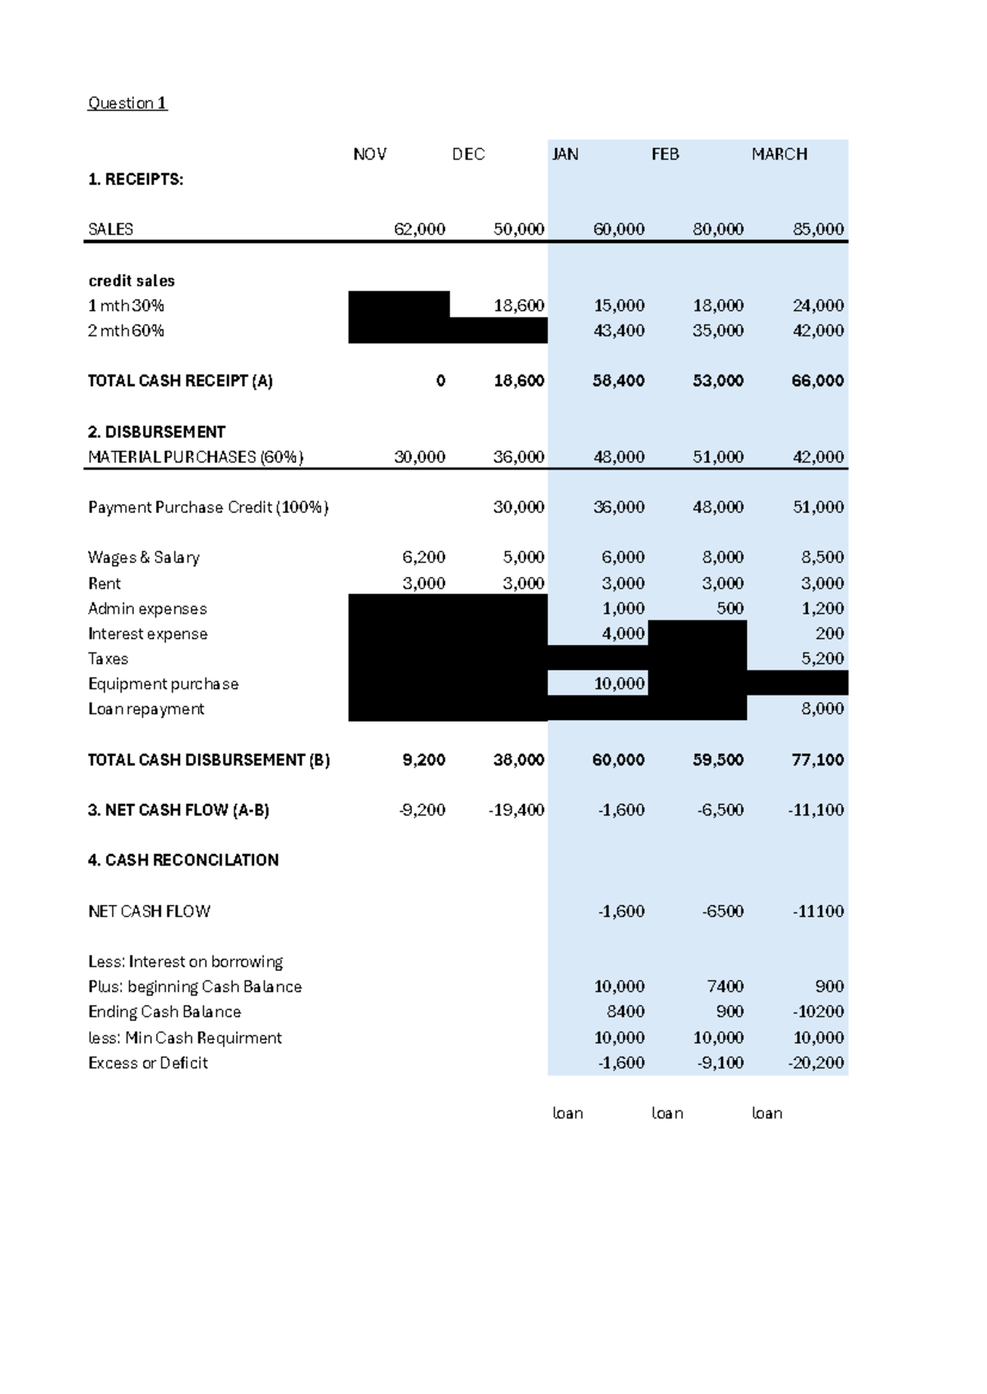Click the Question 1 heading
(x=127, y=103)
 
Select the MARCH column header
(x=779, y=154)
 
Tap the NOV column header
(x=369, y=154)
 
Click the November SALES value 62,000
(x=419, y=229)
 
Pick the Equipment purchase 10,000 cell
(x=619, y=684)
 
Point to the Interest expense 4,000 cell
(x=623, y=634)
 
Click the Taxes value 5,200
(x=822, y=658)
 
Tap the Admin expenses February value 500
(x=730, y=608)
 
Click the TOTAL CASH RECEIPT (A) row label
(x=180, y=381)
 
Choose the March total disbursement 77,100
(x=818, y=759)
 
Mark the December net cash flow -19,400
(x=516, y=810)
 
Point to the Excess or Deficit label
(x=148, y=1063)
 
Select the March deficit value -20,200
(x=816, y=1063)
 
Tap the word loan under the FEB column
(x=667, y=1113)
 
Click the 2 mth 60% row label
(x=126, y=330)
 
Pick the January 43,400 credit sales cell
(x=619, y=330)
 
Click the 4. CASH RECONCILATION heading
(x=183, y=860)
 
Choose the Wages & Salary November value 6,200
(x=424, y=557)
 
